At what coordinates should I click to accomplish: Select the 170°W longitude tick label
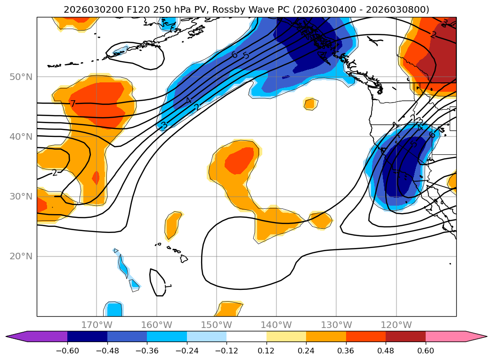click(x=97, y=325)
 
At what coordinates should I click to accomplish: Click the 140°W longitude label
click(x=276, y=325)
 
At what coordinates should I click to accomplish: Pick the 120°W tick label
click(x=396, y=325)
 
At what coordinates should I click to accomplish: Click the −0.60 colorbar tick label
click(x=67, y=351)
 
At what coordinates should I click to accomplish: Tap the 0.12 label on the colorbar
click(x=267, y=351)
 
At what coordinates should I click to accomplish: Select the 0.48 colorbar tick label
click(x=386, y=351)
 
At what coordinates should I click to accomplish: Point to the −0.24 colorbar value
click(x=187, y=351)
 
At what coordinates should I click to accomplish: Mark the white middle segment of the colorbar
click(x=246, y=336)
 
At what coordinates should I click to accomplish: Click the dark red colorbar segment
click(x=405, y=336)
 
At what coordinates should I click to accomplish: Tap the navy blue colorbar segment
click(x=87, y=336)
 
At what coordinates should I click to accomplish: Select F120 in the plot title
click(x=125, y=9)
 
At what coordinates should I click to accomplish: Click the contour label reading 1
click(x=168, y=286)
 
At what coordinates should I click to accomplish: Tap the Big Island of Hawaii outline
click(x=184, y=258)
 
